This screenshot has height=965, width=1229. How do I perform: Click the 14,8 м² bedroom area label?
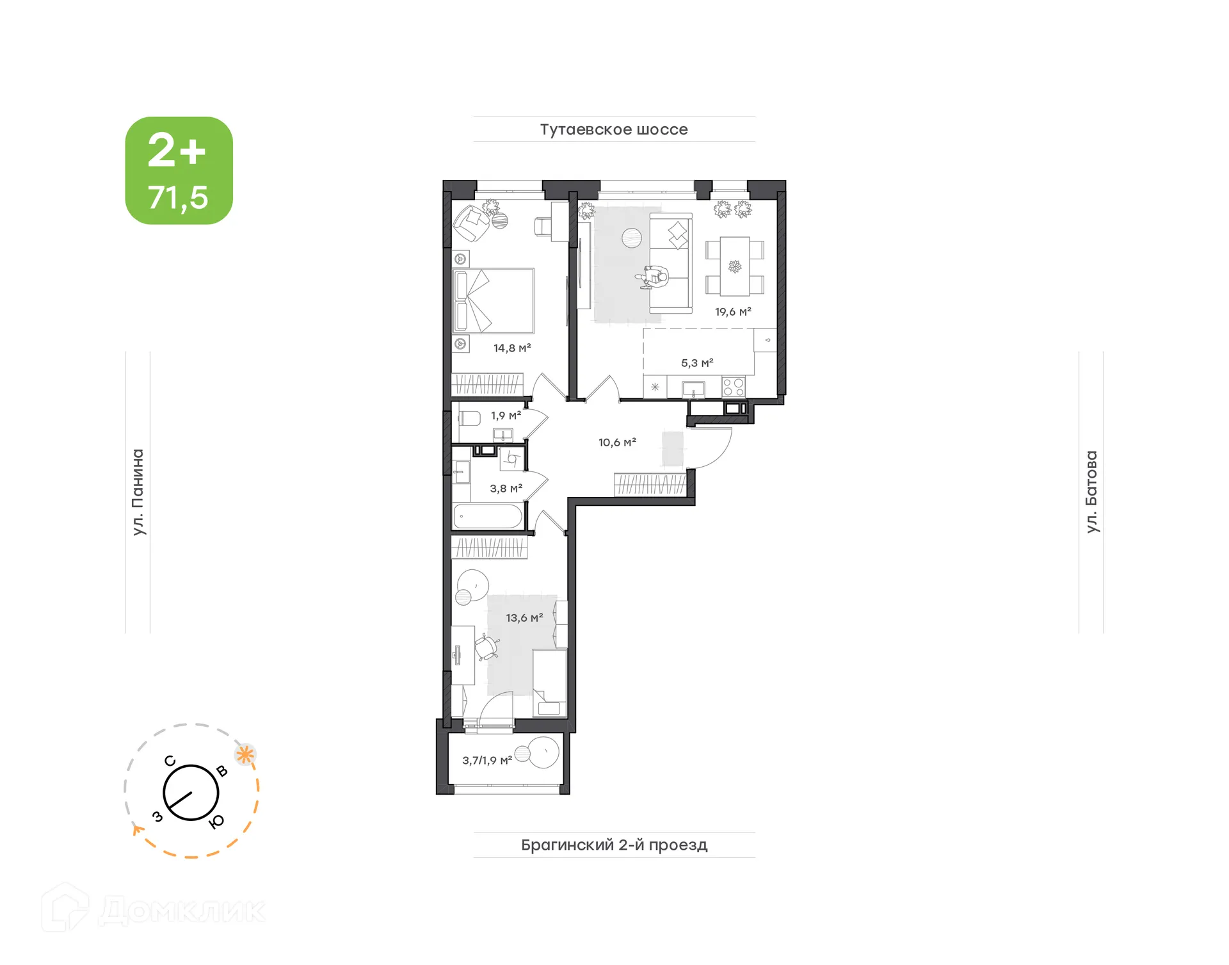pyautogui.click(x=512, y=348)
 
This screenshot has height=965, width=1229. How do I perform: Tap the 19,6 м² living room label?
pyautogui.click(x=733, y=312)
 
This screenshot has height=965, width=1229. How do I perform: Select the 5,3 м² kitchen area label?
pyautogui.click(x=697, y=363)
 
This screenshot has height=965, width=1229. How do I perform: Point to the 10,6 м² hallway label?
pyautogui.click(x=617, y=442)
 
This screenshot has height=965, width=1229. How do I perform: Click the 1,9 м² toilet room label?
pyautogui.click(x=506, y=416)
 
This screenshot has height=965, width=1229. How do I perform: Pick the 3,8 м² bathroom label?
pyautogui.click(x=506, y=489)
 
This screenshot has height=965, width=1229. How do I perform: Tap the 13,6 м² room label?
pyautogui.click(x=524, y=618)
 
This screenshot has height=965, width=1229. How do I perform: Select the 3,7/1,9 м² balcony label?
pyautogui.click(x=487, y=761)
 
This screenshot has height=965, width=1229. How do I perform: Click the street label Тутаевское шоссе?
pyautogui.click(x=614, y=129)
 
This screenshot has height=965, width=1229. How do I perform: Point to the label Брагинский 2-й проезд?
pyautogui.click(x=614, y=845)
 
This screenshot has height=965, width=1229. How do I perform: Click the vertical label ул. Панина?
pyautogui.click(x=138, y=492)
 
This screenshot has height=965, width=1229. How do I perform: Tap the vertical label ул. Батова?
pyautogui.click(x=1091, y=492)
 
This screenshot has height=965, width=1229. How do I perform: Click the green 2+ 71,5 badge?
pyautogui.click(x=179, y=170)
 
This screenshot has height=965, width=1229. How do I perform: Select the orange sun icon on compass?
pyautogui.click(x=245, y=754)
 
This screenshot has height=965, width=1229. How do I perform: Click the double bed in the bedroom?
pyautogui.click(x=494, y=300)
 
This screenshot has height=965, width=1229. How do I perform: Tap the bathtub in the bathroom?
pyautogui.click(x=488, y=516)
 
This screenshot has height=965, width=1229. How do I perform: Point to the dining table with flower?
pyautogui.click(x=735, y=266)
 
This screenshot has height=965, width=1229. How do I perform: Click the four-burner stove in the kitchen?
pyautogui.click(x=734, y=387)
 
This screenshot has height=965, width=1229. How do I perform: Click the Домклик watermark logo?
pyautogui.click(x=154, y=910)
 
